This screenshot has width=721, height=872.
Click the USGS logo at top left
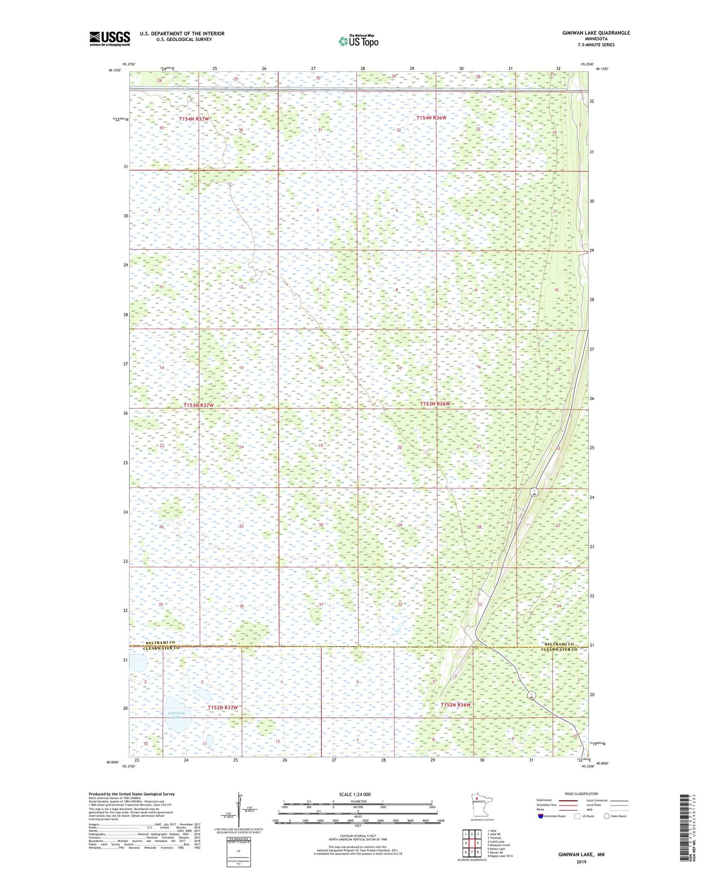(x=109, y=38)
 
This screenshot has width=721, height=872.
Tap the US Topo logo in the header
(x=358, y=41)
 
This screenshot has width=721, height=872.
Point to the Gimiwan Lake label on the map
(x=173, y=715)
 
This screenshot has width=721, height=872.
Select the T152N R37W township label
(x=223, y=708)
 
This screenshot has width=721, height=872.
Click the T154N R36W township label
(x=431, y=118)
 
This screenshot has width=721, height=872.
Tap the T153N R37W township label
(x=198, y=406)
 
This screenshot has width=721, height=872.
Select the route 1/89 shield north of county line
(x=533, y=492)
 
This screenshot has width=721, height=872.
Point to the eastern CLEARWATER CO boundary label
(x=559, y=650)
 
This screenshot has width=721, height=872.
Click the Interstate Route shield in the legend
(x=540, y=816)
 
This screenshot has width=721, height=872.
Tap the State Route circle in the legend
(x=607, y=816)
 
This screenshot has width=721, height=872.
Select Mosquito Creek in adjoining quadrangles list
(x=499, y=845)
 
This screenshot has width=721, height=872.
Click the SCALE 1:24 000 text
(x=355, y=794)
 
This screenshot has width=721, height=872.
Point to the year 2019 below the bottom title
(x=581, y=862)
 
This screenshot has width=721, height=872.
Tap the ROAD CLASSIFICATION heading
(x=581, y=794)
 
